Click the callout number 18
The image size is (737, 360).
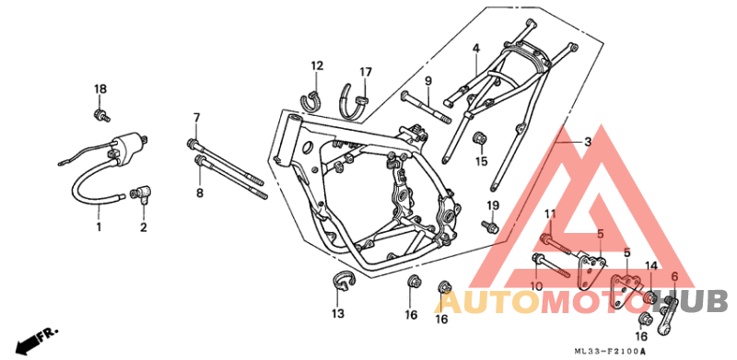coord(99,88)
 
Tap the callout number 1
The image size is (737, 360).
coord(99,226)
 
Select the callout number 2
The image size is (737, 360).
coord(144,226)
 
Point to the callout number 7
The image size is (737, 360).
coord(196,117)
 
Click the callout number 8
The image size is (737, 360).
coord(198,192)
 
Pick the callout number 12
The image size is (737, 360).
coord(317,66)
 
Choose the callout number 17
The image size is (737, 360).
coord(366,72)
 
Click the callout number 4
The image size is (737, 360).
coord(476,48)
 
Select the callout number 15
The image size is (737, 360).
coord(481,162)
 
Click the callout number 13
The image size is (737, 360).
coord(337,314)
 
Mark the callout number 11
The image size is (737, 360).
coord(550,215)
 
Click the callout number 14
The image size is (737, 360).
coord(650,266)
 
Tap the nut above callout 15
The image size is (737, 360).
coord(479,139)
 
